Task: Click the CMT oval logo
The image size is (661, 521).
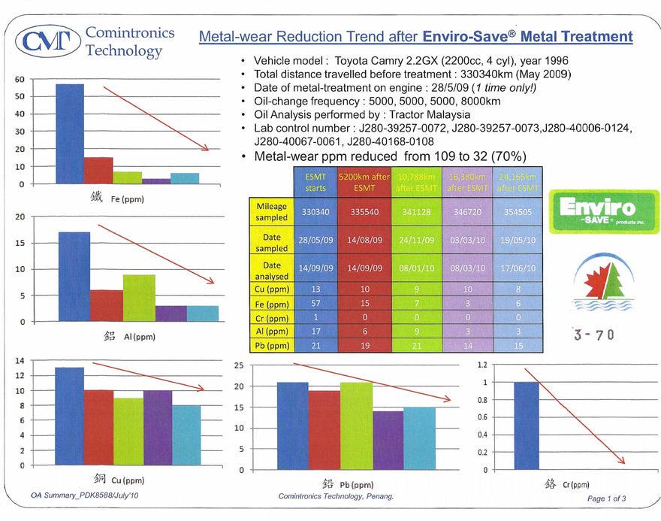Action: [48, 41]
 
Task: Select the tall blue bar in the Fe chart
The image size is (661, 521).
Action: [70, 133]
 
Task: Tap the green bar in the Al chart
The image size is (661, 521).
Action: [139, 298]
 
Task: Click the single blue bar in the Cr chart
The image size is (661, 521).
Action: [526, 426]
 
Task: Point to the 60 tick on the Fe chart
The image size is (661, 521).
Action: [20, 79]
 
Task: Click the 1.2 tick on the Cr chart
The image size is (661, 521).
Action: [483, 365]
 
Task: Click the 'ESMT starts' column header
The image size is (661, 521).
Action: [315, 182]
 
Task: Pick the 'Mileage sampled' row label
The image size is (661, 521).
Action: [271, 211]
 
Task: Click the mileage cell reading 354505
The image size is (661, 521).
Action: [518, 212]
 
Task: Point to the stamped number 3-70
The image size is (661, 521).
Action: [593, 335]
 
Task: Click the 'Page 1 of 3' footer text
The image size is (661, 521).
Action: [606, 498]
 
